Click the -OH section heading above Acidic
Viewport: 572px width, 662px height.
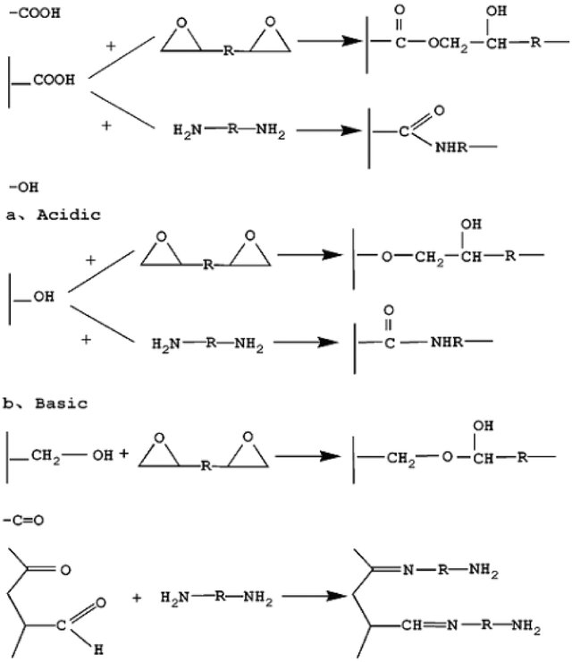tap(21, 187)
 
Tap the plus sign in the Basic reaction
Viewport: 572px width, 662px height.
tap(124, 454)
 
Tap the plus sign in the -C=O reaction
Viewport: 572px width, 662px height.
tap(137, 597)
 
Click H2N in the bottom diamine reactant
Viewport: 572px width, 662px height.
tap(177, 597)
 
